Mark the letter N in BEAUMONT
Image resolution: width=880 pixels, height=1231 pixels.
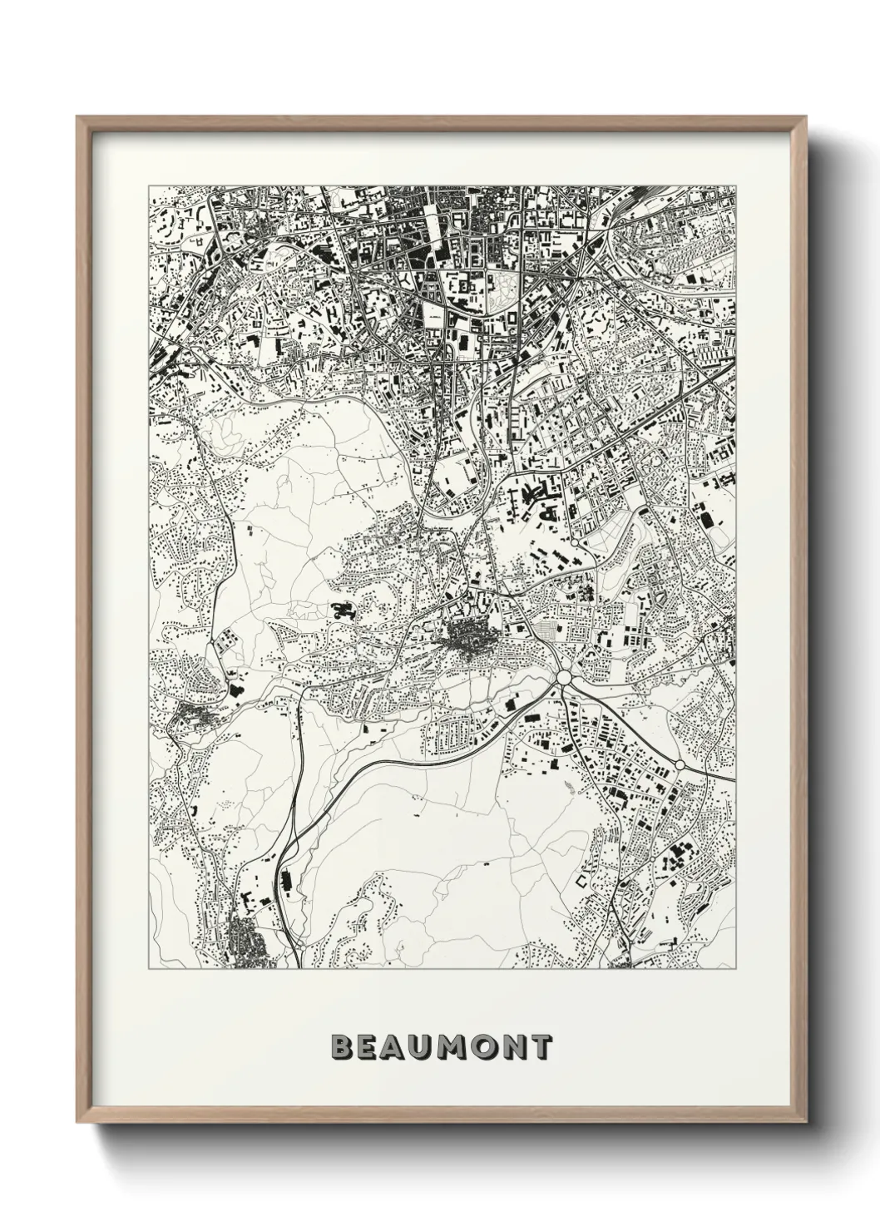[517, 1047]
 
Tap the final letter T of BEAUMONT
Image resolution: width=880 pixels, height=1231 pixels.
[542, 1047]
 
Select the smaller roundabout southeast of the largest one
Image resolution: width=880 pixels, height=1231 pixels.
[680, 764]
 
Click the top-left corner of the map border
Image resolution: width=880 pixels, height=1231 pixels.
[149, 185]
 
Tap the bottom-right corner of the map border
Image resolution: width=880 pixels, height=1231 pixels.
[737, 969]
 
